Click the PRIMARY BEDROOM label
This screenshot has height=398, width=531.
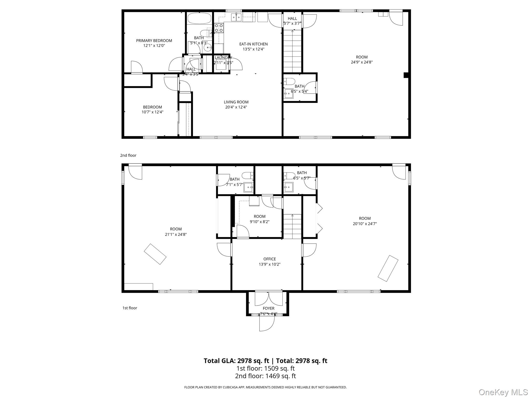(x=154, y=41)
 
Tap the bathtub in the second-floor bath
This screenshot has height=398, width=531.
(x=199, y=18)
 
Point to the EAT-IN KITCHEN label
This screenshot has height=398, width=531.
(x=253, y=44)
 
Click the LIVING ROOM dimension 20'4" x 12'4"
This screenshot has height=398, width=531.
(x=236, y=107)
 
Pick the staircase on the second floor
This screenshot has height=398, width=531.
(x=292, y=51)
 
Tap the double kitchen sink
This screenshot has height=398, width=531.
(x=236, y=17)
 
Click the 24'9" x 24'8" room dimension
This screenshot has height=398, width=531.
(x=362, y=62)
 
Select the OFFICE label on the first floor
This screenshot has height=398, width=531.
(x=269, y=259)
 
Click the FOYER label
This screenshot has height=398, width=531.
(x=268, y=308)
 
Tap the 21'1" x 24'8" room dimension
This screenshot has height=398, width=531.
(x=176, y=234)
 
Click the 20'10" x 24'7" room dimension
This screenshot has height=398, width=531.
(x=365, y=224)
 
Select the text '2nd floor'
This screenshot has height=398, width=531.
(x=128, y=155)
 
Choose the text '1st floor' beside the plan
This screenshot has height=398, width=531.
(x=130, y=308)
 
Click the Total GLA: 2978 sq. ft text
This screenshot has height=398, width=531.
(x=236, y=361)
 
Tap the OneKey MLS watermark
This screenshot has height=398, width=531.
(x=503, y=392)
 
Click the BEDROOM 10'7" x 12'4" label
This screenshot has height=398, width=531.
(x=152, y=110)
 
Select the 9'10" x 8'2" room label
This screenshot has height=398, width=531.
(x=260, y=222)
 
